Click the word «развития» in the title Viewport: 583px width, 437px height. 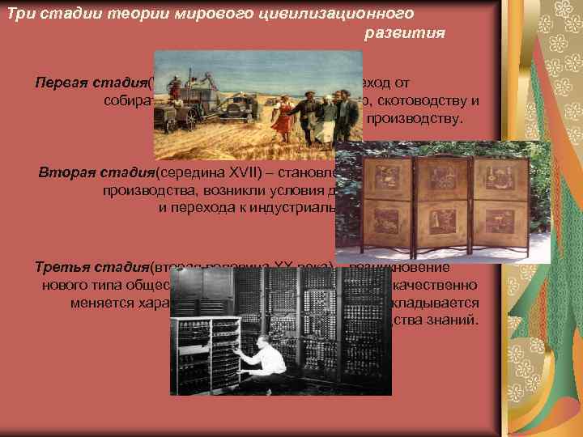[405, 34]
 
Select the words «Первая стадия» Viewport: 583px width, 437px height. [90, 83]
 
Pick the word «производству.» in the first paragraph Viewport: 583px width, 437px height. [415, 120]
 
